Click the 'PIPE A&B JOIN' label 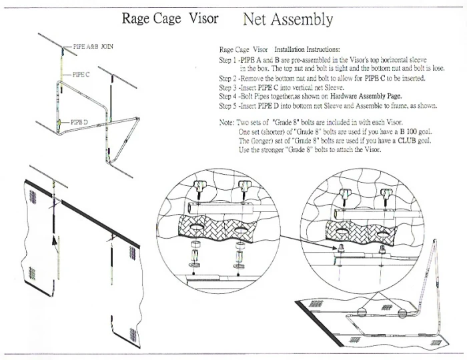86,48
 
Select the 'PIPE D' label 79,122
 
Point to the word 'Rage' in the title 137,18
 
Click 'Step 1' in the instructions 229,59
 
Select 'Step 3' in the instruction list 229,86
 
